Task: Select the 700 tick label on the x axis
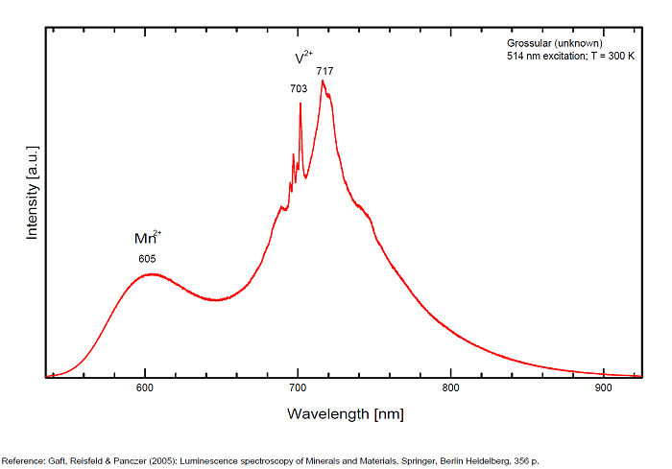[297, 388]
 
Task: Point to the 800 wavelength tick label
[449, 388]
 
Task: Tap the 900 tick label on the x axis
[602, 388]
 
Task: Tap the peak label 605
[147, 259]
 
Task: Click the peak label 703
[299, 88]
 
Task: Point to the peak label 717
[324, 70]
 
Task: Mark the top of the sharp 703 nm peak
[300, 103]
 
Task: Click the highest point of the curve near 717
[323, 81]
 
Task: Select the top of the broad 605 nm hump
[151, 274]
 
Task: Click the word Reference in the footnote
[22, 458]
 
